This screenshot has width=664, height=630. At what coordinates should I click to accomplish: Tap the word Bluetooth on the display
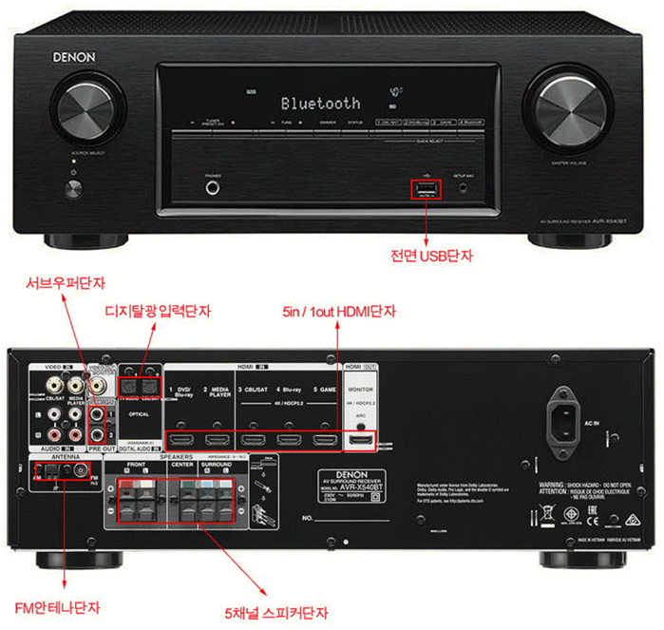pos(320,103)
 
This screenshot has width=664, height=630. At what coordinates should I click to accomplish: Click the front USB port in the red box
pos(425,189)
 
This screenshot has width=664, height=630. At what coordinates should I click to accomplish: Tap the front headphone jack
pos(211,188)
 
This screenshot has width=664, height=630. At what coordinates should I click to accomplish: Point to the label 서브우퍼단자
pos(65,283)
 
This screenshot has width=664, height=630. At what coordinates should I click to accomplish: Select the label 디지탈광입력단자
pos(158,311)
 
